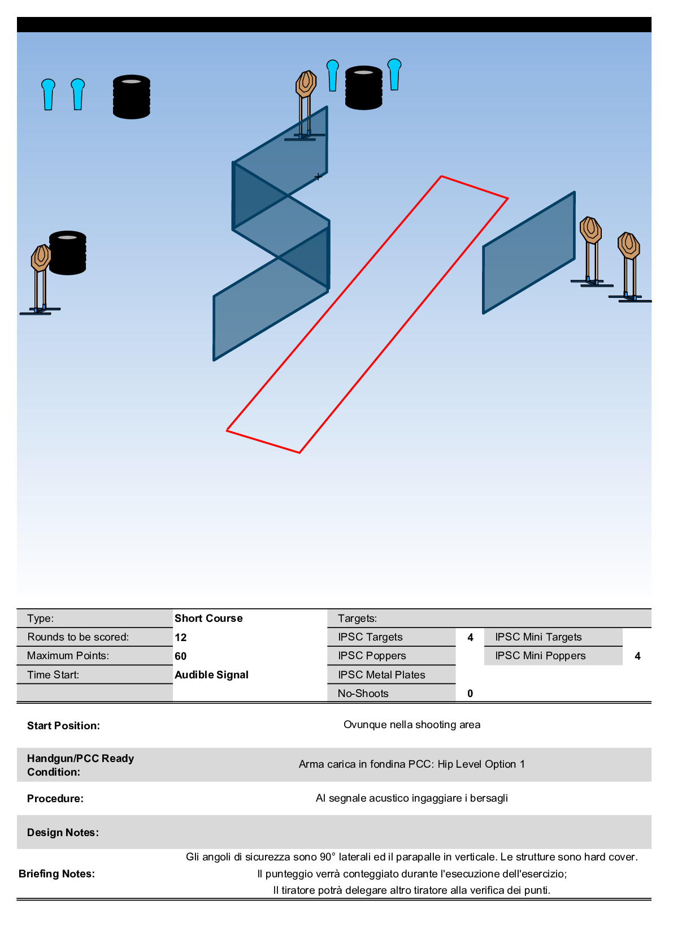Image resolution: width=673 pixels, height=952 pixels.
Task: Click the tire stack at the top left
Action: pos(131,97)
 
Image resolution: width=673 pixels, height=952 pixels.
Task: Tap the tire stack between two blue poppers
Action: pos(363,88)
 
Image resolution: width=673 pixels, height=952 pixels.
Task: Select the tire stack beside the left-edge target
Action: pos(68,253)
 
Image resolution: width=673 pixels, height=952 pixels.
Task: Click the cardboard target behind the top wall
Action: pos(306,84)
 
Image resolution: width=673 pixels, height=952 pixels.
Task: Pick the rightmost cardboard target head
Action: pos(628,245)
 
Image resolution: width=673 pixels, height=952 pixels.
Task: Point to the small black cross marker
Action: pos(318,177)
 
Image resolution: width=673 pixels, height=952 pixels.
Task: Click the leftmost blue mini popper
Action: pos(48,94)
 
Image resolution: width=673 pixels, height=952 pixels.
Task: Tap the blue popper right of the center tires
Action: pos(394,74)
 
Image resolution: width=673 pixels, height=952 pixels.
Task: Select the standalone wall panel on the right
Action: pos(528,253)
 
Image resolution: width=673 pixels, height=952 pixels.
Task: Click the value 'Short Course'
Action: pos(209,618)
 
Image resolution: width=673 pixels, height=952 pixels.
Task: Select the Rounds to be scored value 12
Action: pos(180,637)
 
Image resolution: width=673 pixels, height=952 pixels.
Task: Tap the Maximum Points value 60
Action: pos(180,656)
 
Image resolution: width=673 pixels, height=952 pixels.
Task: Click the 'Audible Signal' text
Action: pos(211,674)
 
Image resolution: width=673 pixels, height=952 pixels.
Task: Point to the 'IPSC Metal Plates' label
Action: pos(381,674)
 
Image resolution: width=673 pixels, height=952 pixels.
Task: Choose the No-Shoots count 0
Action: pos(470,693)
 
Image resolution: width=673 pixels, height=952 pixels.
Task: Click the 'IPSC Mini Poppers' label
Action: pos(540,656)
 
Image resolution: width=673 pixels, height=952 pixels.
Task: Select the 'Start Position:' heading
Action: pos(63,725)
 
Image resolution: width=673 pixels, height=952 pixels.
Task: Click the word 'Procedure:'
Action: pos(55,798)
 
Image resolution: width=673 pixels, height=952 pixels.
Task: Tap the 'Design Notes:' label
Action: pos(63,832)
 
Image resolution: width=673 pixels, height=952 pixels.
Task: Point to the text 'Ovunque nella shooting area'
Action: pos(412,725)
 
